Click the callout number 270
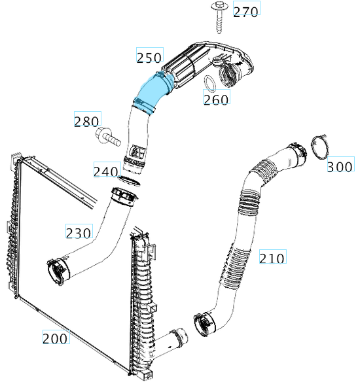tap(247, 8)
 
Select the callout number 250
tap(150, 54)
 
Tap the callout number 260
tap(217, 97)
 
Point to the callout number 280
tap(88, 118)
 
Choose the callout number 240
tap(107, 169)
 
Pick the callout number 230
tap(79, 231)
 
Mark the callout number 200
tap(56, 336)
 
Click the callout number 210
tap(273, 256)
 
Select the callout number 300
tap(341, 164)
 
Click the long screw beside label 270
tap(219, 17)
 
